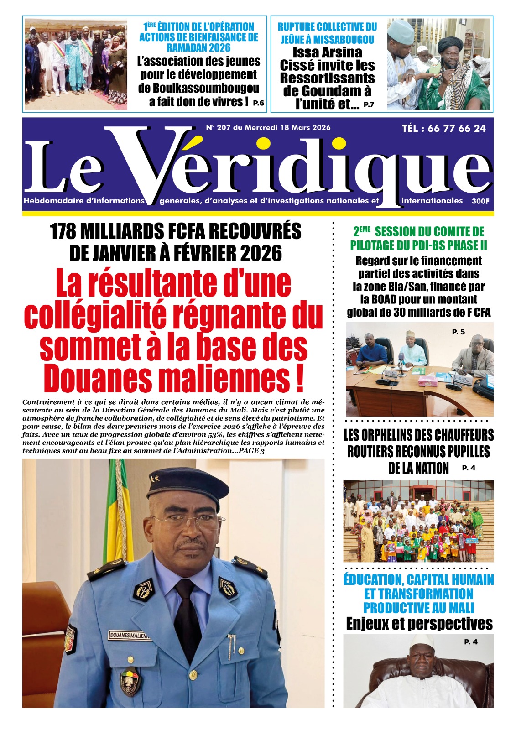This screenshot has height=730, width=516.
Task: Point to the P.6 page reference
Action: tap(258, 103)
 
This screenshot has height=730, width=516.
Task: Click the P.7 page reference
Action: tap(369, 105)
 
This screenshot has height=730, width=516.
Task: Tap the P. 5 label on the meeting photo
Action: tap(458, 332)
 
